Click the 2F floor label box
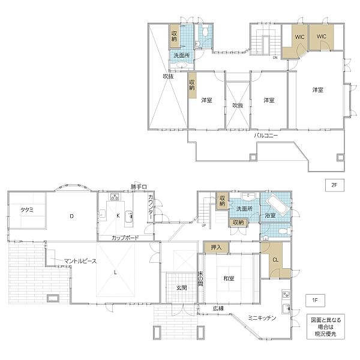(x=335, y=185)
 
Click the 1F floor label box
(x=315, y=301)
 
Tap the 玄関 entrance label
(x=181, y=287)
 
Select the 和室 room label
(x=229, y=278)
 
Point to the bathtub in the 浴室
(x=278, y=203)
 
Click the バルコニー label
(x=266, y=136)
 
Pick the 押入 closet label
(x=216, y=247)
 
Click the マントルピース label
(x=80, y=261)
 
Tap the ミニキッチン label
(x=262, y=318)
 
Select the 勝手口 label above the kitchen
(x=139, y=187)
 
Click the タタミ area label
(x=27, y=209)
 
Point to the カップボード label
(x=125, y=238)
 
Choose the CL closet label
(x=275, y=260)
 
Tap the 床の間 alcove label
(x=200, y=279)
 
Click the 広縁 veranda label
(x=218, y=308)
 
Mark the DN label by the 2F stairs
(x=275, y=58)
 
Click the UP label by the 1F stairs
(x=203, y=226)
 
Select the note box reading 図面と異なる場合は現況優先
(x=326, y=326)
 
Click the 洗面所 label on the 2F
(x=182, y=55)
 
